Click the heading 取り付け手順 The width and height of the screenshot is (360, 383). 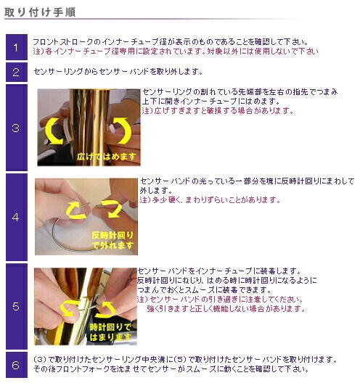pyautogui.click(x=40, y=12)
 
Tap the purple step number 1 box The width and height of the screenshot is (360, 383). pyautogui.click(x=17, y=47)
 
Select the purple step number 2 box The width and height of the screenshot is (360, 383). pyautogui.click(x=17, y=72)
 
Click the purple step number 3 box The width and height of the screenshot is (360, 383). pyautogui.click(x=17, y=128)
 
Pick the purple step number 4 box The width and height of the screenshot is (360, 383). pyautogui.click(x=17, y=217)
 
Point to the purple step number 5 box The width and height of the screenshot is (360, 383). pyautogui.click(x=17, y=306)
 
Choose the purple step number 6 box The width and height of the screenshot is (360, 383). pyautogui.click(x=17, y=365)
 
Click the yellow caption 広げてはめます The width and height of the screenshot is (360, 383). pyautogui.click(x=106, y=157)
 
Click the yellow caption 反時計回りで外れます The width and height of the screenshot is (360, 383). pyautogui.click(x=112, y=240)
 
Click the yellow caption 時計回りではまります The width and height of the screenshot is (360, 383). pyautogui.click(x=111, y=332)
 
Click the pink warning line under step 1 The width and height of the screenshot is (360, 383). pyautogui.click(x=176, y=52)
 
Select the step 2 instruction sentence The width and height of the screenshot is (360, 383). pyautogui.click(x=118, y=72)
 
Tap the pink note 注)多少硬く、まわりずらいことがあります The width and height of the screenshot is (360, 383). pyautogui.click(x=210, y=200)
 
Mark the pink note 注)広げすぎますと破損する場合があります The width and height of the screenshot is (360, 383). pyautogui.click(x=218, y=111)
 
